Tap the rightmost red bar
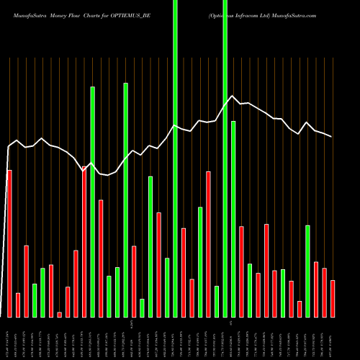pyautogui.click(x=333, y=299)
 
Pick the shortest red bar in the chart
pyautogui.click(x=59, y=315)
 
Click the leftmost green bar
pyautogui.click(x=35, y=300)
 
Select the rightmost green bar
pyautogui.click(x=307, y=271)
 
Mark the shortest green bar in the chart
pyautogui.click(x=142, y=307)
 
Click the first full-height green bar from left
pyautogui.click(x=175, y=158)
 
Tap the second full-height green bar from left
pyautogui.click(x=225, y=158)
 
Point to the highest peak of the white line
pyautogui.click(x=232, y=96)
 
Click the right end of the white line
pyautogui.click(x=332, y=136)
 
